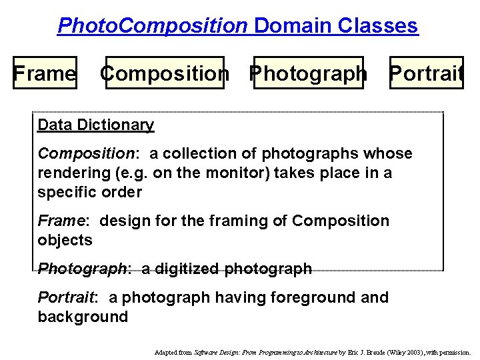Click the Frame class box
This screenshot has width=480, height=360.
click(45, 73)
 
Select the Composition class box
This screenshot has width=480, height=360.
click(165, 73)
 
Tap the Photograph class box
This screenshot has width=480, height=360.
click(308, 73)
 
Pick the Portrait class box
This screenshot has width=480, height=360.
click(425, 73)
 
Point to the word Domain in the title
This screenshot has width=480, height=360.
click(293, 26)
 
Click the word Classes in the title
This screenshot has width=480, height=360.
click(378, 26)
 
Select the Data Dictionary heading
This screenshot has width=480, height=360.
click(96, 125)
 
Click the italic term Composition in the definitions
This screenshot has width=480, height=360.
click(86, 153)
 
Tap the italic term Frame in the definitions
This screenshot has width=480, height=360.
click(61, 221)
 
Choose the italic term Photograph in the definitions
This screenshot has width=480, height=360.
click(82, 269)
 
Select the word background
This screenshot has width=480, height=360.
click(83, 317)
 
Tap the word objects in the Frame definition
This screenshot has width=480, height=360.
click(65, 240)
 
